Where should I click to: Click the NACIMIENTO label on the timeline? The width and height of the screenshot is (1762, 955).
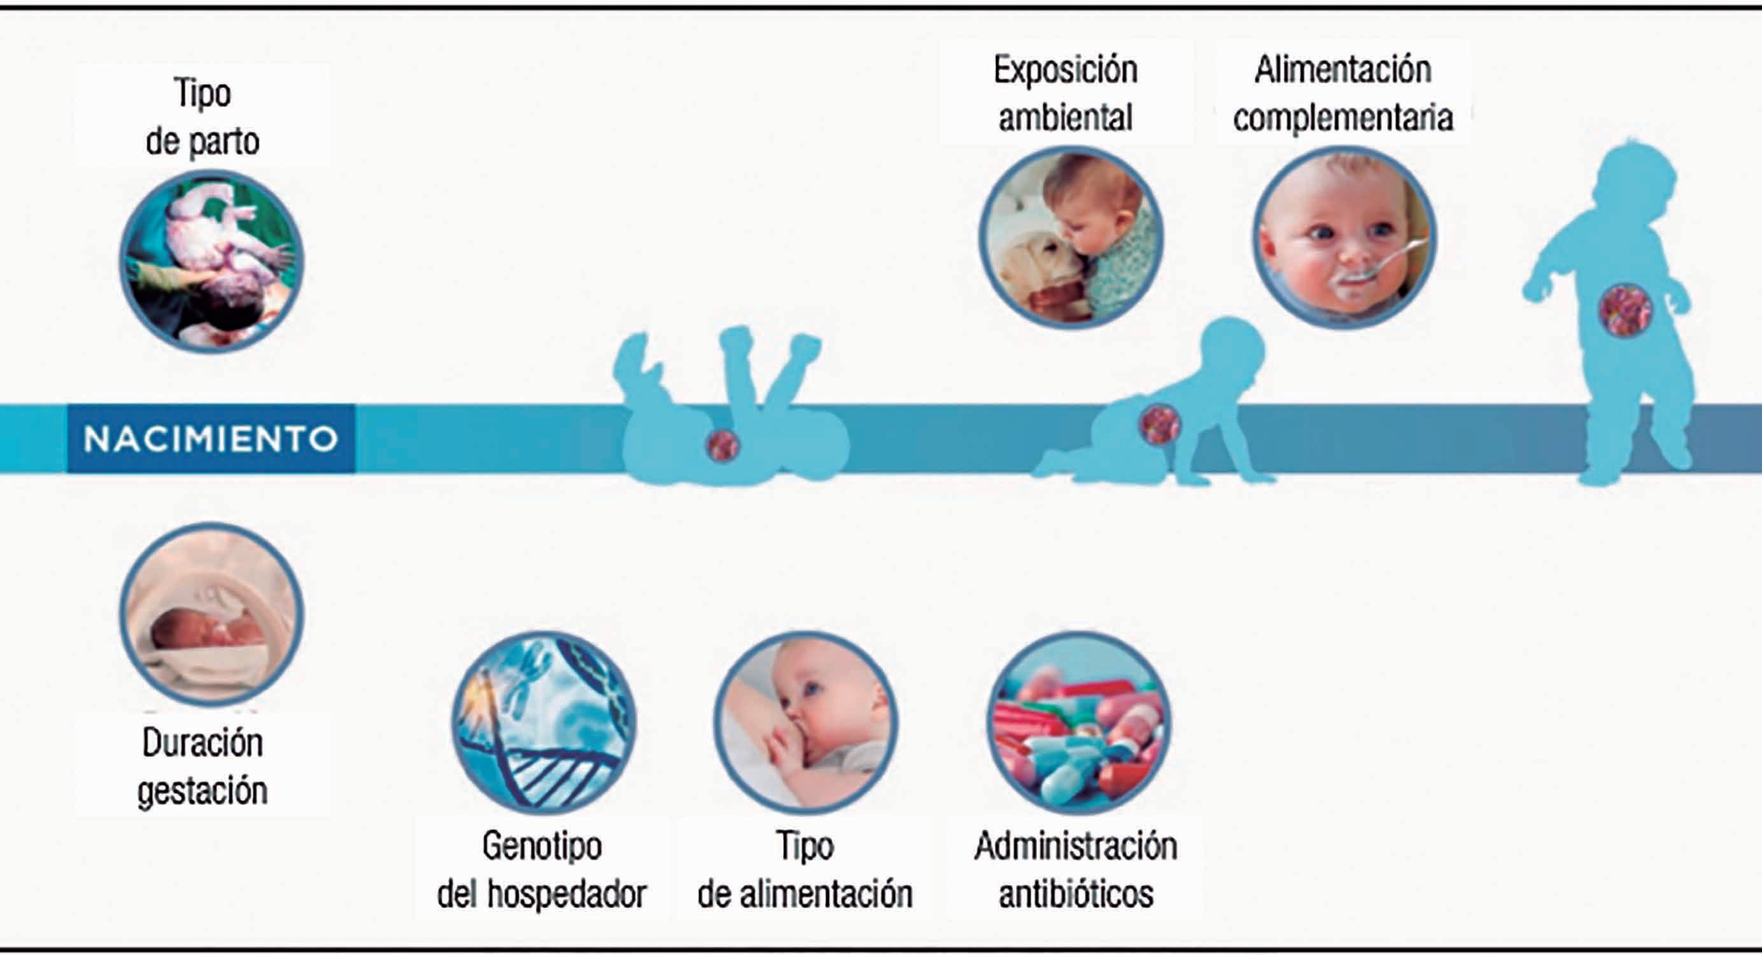tap(211, 439)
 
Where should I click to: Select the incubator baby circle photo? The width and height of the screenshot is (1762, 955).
tap(211, 614)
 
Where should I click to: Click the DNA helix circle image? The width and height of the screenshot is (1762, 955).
tap(544, 723)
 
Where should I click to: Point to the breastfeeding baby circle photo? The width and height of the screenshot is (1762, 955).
tap(805, 723)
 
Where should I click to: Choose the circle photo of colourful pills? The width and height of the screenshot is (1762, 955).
tap(1078, 723)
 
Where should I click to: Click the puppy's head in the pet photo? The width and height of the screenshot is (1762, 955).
tap(1040, 264)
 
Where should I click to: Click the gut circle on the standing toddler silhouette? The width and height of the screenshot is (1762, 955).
tap(1625, 310)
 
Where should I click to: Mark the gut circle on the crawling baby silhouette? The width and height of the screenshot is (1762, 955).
tap(1160, 425)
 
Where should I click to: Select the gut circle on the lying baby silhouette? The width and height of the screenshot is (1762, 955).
tap(723, 445)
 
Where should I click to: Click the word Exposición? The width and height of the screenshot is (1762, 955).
tap(1066, 71)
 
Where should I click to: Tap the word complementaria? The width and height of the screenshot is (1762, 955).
tap(1343, 118)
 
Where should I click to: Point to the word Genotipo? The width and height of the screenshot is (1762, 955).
tap(542, 847)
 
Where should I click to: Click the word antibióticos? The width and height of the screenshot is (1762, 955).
tap(1076, 894)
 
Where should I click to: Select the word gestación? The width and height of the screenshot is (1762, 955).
tap(202, 791)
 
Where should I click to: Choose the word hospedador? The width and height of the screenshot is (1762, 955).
tap(567, 894)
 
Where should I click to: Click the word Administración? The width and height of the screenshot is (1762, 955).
tap(1076, 847)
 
